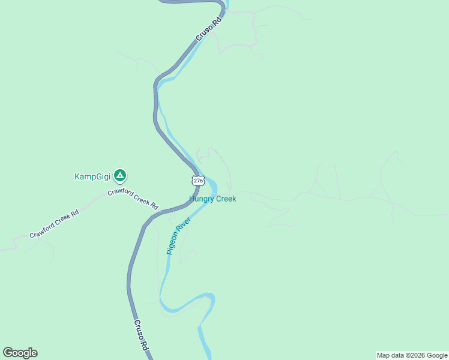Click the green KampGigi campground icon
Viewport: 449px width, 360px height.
pyautogui.click(x=120, y=176)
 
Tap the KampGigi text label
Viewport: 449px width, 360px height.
pyautogui.click(x=93, y=176)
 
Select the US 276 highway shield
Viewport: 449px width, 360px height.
pyautogui.click(x=198, y=181)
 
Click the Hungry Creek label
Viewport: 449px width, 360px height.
pyautogui.click(x=212, y=199)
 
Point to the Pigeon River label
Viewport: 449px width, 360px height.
pyautogui.click(x=179, y=236)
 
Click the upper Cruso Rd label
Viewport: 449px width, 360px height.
pyautogui.click(x=209, y=28)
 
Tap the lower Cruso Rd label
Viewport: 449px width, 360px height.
pyautogui.click(x=140, y=335)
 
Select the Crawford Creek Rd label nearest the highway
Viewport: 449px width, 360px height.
pyautogui.click(x=133, y=196)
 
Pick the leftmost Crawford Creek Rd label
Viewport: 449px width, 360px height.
pyautogui.click(x=54, y=224)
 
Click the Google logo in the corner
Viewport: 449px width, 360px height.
pyautogui.click(x=20, y=353)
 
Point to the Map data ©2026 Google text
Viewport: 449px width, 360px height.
pyautogui.click(x=412, y=355)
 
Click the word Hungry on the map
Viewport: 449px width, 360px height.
pyautogui.click(x=201, y=199)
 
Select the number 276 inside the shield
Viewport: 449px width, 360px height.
pyautogui.click(x=198, y=181)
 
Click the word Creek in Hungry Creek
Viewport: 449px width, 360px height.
pyautogui.click(x=226, y=199)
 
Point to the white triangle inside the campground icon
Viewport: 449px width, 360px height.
pyautogui.click(x=120, y=176)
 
